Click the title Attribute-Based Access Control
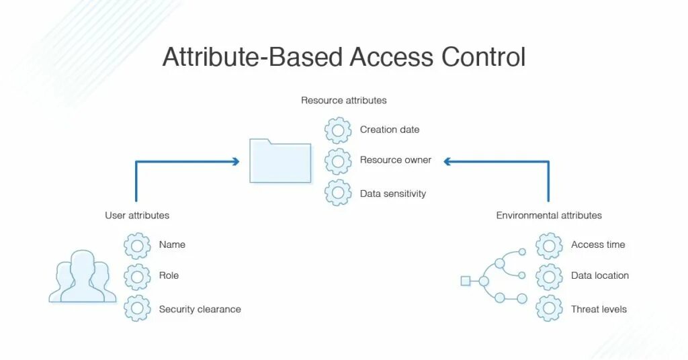[343, 57]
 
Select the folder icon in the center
[280, 161]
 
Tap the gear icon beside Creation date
[338, 130]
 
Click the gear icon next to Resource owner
[338, 161]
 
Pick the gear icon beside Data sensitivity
[338, 193]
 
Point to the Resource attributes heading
[343, 101]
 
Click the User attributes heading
[137, 216]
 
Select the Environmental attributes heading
[549, 216]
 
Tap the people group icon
[79, 277]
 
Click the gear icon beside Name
[137, 246]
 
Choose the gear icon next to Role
[137, 277]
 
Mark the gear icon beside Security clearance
[137, 308]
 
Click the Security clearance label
[200, 310]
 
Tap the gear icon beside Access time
[549, 246]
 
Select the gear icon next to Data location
[549, 277]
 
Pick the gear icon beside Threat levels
[549, 308]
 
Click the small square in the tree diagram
[465, 281]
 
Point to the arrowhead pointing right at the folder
[236, 161]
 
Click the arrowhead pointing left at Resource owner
[447, 161]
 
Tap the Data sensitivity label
[393, 193]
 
